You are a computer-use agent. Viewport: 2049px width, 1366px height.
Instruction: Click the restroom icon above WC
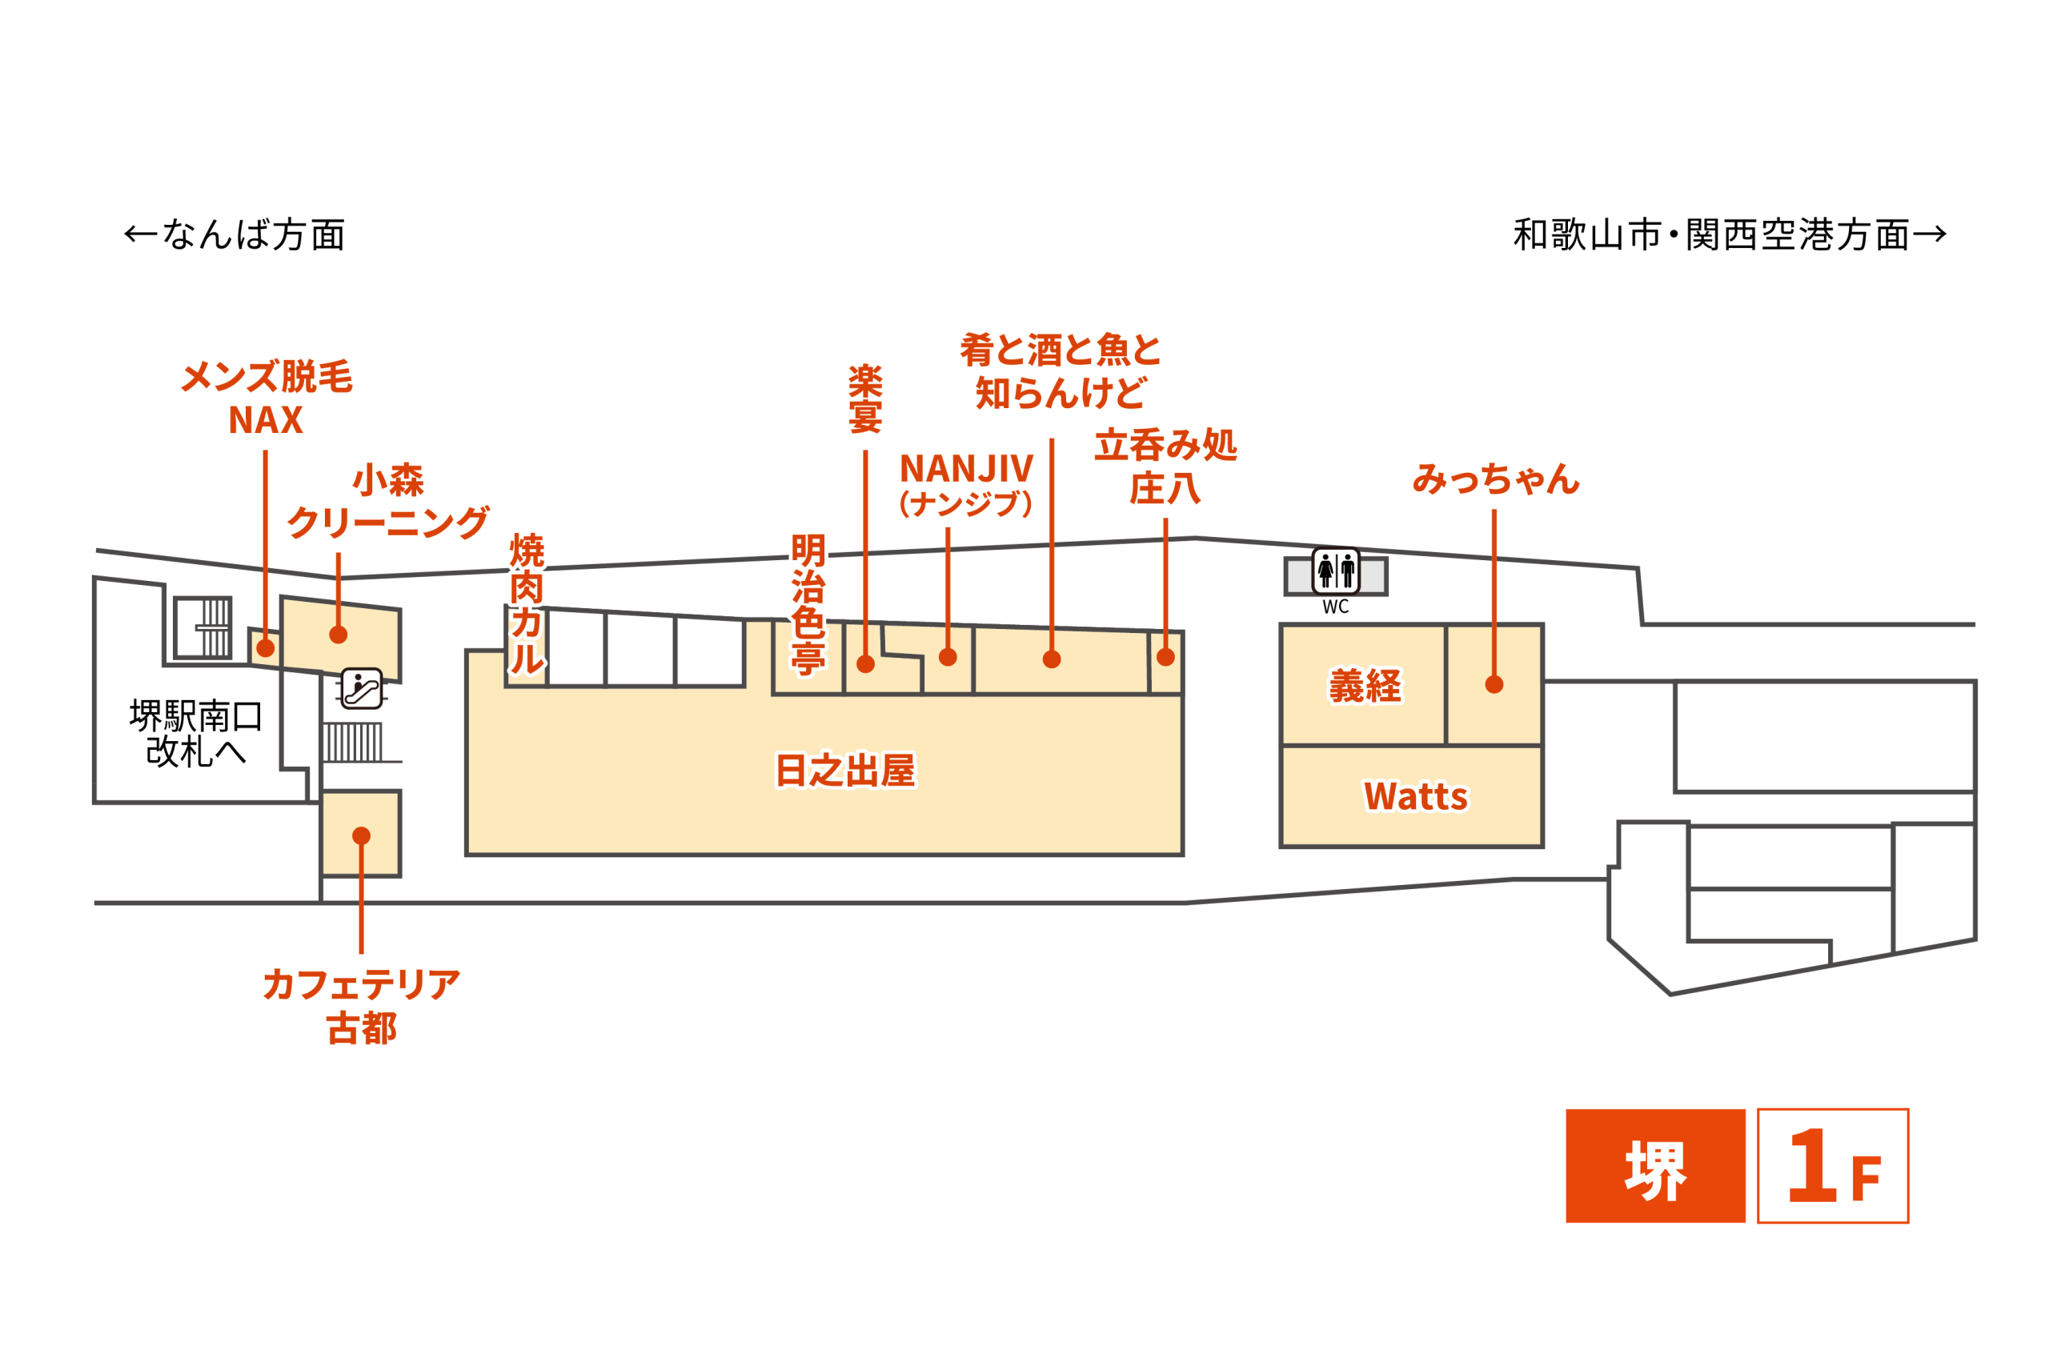coord(1336,571)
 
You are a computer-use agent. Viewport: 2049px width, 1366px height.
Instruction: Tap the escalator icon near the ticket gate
coord(361,688)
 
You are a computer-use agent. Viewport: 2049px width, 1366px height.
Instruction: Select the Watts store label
coord(1416,796)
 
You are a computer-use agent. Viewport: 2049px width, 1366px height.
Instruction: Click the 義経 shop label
coord(1365,686)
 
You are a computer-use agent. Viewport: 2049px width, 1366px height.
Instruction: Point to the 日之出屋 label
coord(845,770)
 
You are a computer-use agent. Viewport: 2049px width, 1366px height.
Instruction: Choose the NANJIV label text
coord(966,470)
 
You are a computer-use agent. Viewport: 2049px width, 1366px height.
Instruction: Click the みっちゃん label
coord(1495,479)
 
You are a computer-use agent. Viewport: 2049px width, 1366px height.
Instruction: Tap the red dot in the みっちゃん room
coord(1494,685)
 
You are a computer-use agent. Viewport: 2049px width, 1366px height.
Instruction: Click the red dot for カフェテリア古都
coord(362,836)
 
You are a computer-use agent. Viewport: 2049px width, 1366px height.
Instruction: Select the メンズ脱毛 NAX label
coord(267,399)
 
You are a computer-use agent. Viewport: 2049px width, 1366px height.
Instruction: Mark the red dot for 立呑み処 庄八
coord(1165,658)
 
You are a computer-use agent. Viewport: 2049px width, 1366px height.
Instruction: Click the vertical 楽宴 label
coord(865,399)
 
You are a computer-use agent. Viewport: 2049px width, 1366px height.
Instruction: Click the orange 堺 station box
coord(1655,1167)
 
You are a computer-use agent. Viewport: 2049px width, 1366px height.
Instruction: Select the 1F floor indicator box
coord(1833,1167)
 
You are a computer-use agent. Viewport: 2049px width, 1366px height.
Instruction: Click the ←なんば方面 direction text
coord(235,235)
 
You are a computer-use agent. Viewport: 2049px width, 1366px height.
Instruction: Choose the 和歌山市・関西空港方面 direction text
coord(1730,235)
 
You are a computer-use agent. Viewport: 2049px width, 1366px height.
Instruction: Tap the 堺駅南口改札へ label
coord(196,734)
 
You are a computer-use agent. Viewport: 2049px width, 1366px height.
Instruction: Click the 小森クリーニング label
coord(387,502)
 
